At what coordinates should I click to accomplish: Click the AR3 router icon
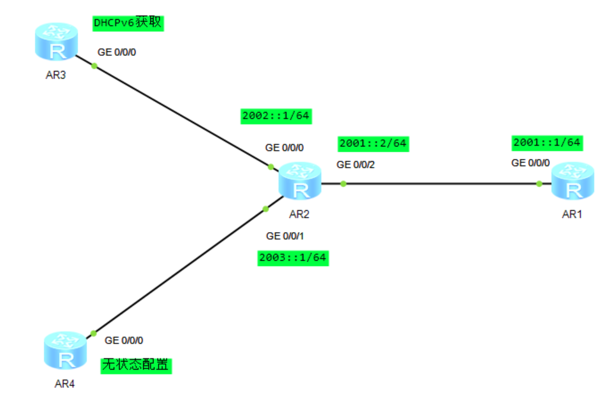click(56, 42)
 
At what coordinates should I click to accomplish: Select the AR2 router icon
click(301, 181)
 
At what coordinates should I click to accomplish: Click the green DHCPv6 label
click(128, 23)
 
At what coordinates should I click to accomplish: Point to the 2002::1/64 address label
click(276, 115)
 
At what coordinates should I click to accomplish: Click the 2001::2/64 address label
click(373, 143)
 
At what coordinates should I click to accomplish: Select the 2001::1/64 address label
click(546, 142)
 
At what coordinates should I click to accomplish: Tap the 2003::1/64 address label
click(293, 258)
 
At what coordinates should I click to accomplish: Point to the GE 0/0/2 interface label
click(356, 164)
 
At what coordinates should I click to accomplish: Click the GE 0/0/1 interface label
click(285, 236)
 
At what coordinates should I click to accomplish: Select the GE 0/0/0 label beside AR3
click(117, 52)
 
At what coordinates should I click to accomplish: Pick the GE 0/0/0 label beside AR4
click(124, 340)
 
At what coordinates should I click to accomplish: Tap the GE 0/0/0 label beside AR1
click(531, 162)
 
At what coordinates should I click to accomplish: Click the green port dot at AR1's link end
click(539, 183)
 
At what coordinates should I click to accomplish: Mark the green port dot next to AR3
click(94, 65)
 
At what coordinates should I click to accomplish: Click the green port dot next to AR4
click(93, 334)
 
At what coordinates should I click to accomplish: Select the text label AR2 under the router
click(301, 214)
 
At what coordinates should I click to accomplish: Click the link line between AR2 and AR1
click(440, 183)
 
